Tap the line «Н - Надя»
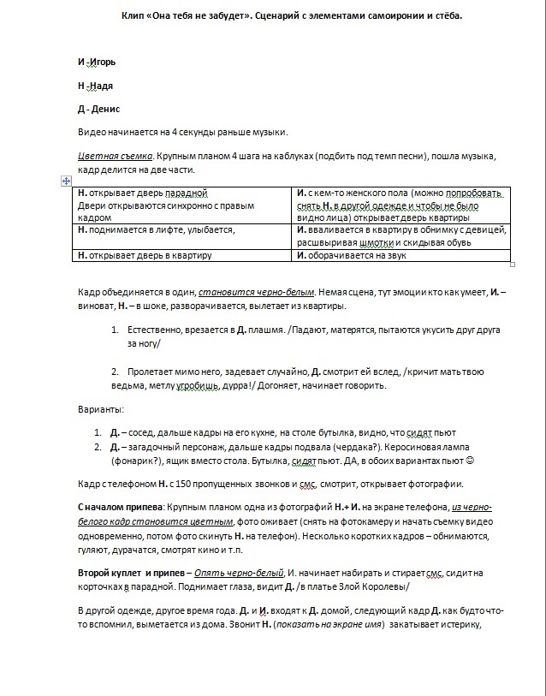95,86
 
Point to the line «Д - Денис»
98,109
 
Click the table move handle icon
66,181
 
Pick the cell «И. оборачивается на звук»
351,254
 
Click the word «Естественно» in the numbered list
157,330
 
